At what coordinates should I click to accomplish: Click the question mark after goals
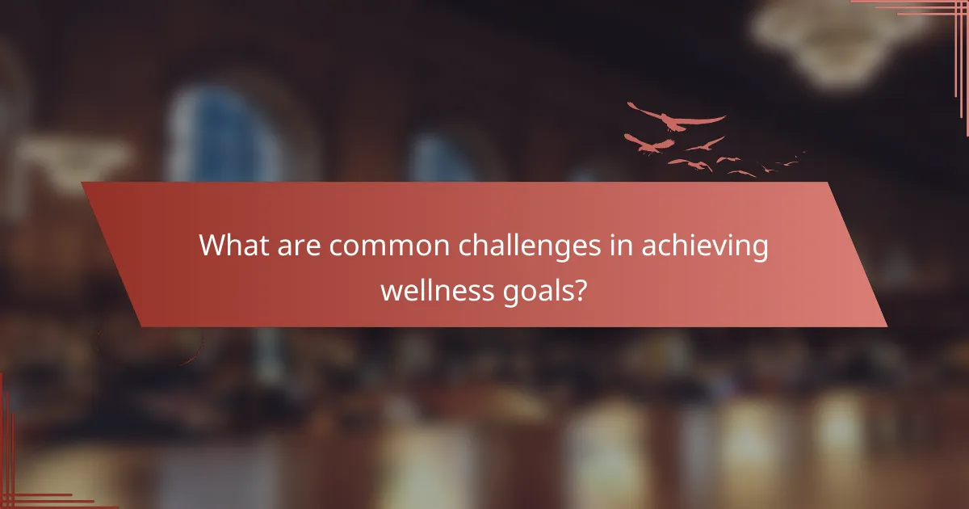pyautogui.click(x=581, y=288)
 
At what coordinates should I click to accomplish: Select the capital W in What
pyautogui.click(x=212, y=245)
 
